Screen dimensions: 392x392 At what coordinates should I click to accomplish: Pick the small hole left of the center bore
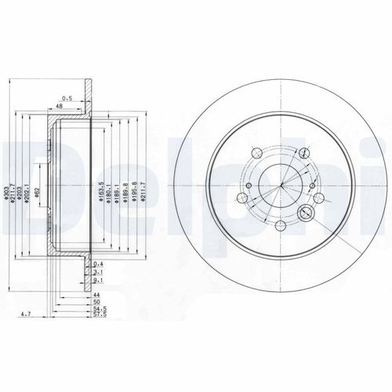(x=247, y=185)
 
